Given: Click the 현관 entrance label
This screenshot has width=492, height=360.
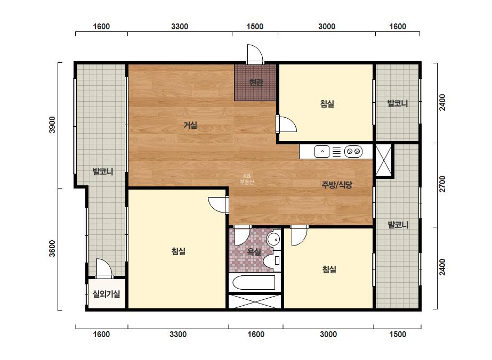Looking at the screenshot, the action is coord(256,83).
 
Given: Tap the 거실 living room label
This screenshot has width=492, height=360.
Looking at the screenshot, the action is coord(190,125).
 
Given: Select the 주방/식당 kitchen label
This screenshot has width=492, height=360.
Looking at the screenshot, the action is coord(337,184).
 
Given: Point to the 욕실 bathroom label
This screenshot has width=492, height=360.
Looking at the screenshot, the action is coord(254,251).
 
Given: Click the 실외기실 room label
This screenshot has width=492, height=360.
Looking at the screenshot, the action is coord(106,294).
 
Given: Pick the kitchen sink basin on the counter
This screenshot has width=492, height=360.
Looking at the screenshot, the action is coord(322,151).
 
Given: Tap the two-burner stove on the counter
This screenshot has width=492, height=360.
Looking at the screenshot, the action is coord(353,151).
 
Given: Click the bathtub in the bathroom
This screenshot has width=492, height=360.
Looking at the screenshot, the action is coord(254,283).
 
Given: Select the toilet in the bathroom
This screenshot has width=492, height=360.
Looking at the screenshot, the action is coord(272,260).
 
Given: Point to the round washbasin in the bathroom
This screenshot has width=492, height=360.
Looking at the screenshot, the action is coord(273,240).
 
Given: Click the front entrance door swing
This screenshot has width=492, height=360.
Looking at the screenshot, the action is coord(254,54).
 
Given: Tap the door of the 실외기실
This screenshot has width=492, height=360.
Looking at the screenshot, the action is coord(104,268).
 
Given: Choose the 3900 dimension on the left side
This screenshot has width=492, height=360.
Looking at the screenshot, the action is coord(52,125).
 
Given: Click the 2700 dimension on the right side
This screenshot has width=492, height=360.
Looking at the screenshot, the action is coord(442,184).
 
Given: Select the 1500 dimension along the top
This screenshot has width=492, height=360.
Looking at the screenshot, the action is coord(255,26).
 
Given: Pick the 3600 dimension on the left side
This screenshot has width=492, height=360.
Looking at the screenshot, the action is coord(52,248).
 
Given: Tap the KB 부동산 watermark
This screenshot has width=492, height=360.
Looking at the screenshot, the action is coord(247,179).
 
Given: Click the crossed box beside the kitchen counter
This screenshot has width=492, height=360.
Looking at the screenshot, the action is coord(383,160).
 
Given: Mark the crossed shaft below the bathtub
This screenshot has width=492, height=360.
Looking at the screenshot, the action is coord(254,301).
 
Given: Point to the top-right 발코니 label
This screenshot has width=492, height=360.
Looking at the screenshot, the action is coord(398,103).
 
